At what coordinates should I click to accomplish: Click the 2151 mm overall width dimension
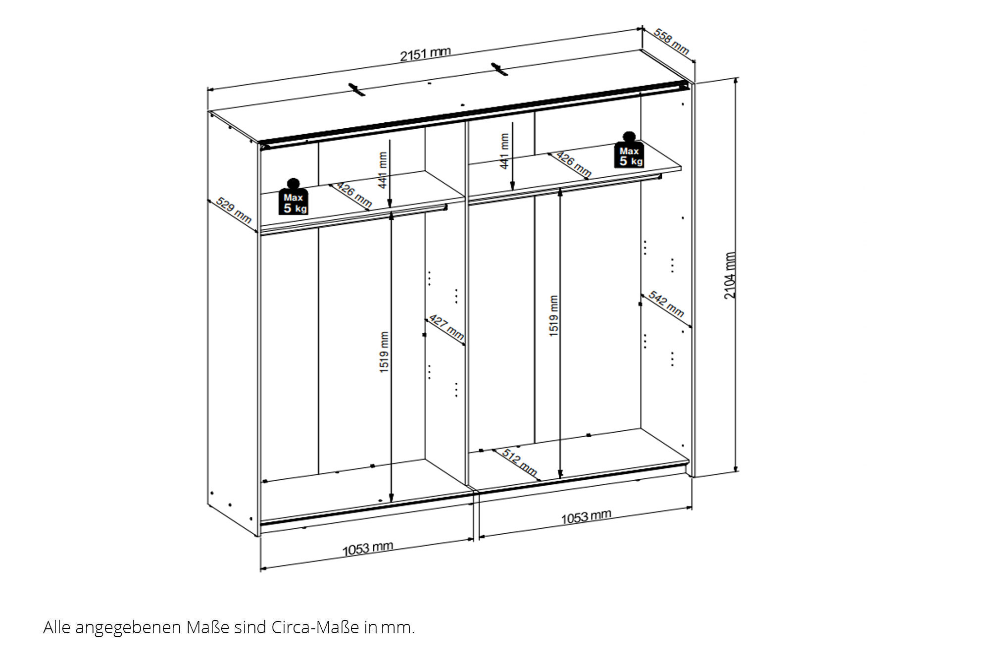click(425, 53)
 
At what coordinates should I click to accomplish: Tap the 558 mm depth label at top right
click(671, 41)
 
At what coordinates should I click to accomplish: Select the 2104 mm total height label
click(730, 275)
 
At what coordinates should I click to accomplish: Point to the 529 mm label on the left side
click(234, 210)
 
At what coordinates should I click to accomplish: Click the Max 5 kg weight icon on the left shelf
click(294, 197)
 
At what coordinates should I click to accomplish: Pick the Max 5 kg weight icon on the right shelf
click(629, 150)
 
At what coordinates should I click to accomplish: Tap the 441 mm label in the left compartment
click(383, 170)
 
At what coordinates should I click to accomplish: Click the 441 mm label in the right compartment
click(504, 151)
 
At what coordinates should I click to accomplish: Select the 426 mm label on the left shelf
click(354, 195)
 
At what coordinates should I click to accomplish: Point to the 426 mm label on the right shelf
click(574, 164)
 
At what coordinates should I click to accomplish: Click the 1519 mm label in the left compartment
click(385, 352)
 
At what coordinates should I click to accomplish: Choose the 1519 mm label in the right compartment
click(554, 316)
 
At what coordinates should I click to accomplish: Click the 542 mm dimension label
click(666, 304)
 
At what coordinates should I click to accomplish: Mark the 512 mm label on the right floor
click(520, 462)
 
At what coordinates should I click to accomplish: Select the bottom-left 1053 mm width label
click(368, 548)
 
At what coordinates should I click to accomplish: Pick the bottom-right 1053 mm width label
click(586, 517)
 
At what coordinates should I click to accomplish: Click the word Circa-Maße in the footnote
click(315, 627)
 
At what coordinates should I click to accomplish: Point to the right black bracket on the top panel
click(499, 69)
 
